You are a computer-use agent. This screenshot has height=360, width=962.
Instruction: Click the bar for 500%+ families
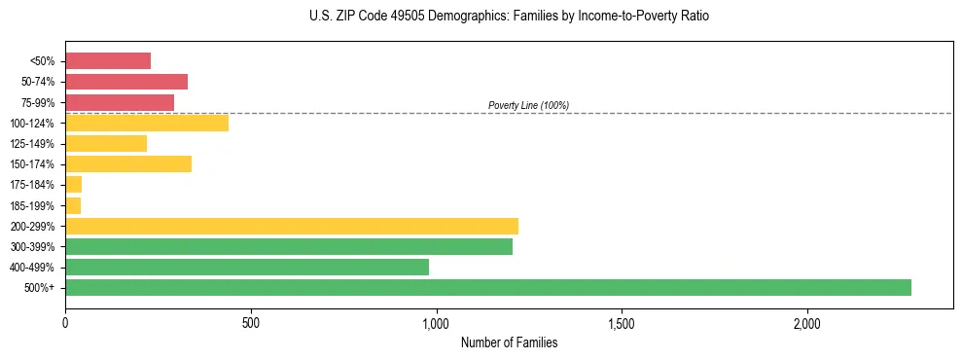(x=487, y=287)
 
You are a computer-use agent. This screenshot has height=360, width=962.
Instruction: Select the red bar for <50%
(x=108, y=61)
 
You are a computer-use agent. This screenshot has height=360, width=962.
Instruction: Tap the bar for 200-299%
(x=292, y=226)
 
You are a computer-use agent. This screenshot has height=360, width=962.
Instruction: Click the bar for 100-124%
(x=147, y=123)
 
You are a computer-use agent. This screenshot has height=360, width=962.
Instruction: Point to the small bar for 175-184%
(x=74, y=184)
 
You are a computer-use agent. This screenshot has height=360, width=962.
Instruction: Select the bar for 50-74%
(x=126, y=82)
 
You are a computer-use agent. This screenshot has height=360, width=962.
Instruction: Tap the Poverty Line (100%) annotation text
(x=528, y=105)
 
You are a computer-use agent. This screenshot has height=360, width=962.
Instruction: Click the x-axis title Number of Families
(x=509, y=342)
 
